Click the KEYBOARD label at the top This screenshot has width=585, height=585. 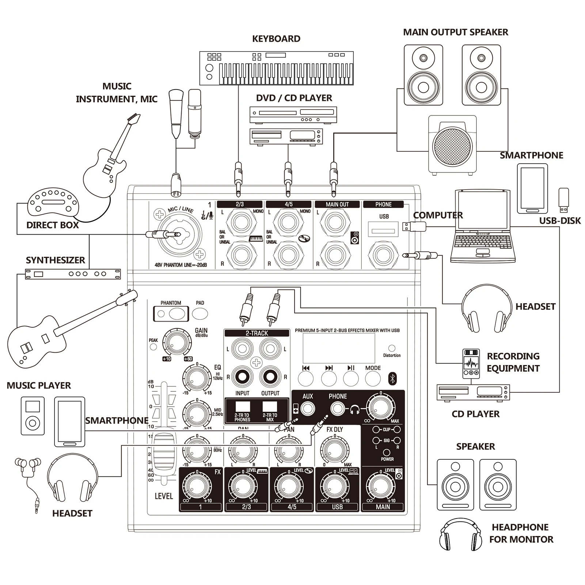tap(276, 39)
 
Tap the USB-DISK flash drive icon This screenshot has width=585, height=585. tap(563, 200)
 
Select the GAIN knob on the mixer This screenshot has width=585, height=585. tap(177, 343)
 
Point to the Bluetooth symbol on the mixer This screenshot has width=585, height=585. tap(392, 379)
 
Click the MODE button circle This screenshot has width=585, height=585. tap(373, 379)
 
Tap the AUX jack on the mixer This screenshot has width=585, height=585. tap(308, 409)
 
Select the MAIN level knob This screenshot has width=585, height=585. tap(380, 487)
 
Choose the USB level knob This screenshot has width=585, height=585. tap(334, 487)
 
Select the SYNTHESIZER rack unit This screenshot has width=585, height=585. tap(73, 274)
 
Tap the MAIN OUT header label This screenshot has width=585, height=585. tap(337, 205)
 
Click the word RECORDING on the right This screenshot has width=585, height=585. tap(513, 356)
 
